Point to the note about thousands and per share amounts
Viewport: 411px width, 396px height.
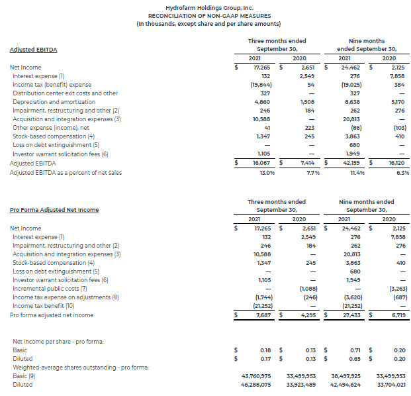pos(205,23)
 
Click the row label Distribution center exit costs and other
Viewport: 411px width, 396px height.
pos(65,93)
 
